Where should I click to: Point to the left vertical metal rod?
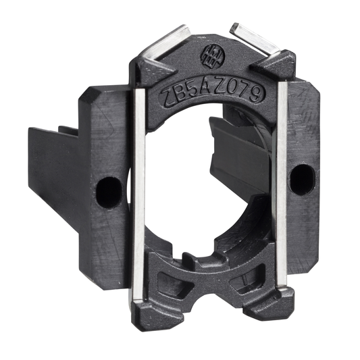tap(138, 196)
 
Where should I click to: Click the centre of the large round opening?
tap(203, 182)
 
